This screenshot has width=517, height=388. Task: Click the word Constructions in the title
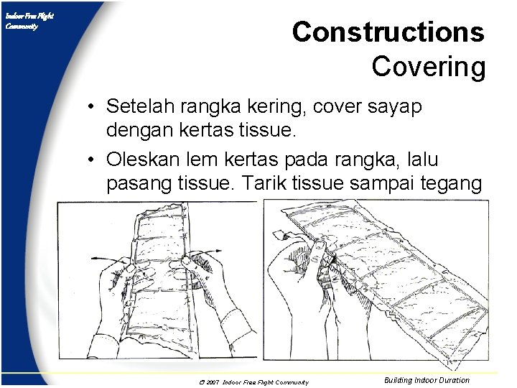click(x=388, y=32)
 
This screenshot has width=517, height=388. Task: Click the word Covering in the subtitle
click(x=428, y=67)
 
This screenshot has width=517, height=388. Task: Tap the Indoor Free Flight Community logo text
click(x=29, y=21)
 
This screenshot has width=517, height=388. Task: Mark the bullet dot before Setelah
click(x=93, y=108)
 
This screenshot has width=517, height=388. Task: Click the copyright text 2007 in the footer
click(x=212, y=382)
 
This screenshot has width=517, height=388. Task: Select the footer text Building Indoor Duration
click(x=427, y=380)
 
